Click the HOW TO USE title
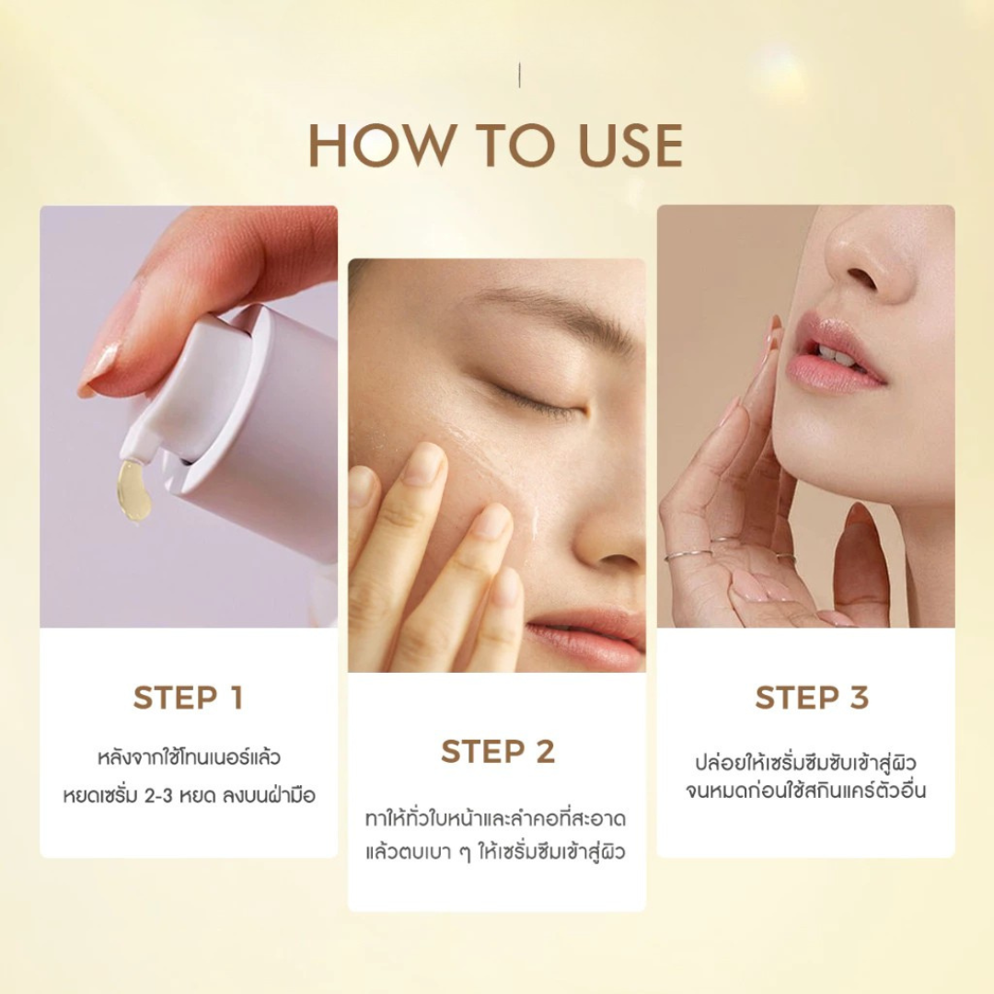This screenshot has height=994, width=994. pos(496,145)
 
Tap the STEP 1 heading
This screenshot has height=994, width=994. pos(189,698)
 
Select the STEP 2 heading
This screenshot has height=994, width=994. pos(498,752)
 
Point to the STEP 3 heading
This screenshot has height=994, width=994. pos(812,698)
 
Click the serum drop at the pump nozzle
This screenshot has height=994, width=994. pos(133,491)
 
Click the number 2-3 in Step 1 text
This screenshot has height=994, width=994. pos(158,795)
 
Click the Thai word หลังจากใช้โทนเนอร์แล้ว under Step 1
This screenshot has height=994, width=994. pos(189,757)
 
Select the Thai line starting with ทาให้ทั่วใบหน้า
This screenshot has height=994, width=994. pos(496,818)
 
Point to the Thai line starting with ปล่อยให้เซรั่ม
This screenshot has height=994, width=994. pos(805,762)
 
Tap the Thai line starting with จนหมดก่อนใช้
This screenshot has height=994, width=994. pos(805,791)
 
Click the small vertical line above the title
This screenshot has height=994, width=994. pos(520,75)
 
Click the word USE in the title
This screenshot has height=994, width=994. pos(630,145)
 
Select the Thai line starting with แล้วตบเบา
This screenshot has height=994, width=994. pos(496,852)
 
